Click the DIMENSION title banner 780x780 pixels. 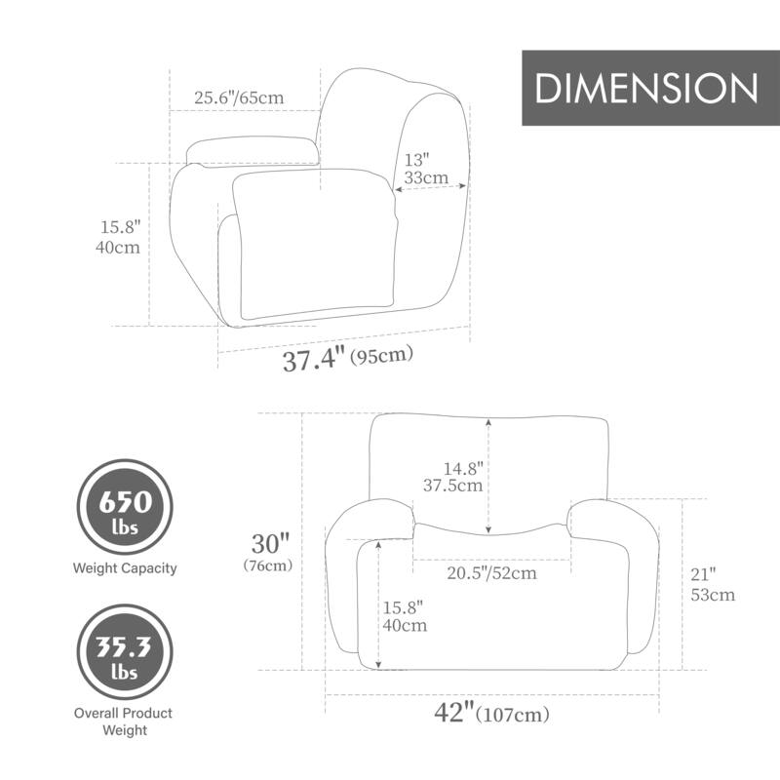tap(646, 88)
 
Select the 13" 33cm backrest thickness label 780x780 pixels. tap(426, 168)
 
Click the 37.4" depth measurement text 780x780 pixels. tap(314, 360)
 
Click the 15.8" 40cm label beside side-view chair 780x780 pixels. tap(121, 237)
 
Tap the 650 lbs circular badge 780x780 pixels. tap(125, 511)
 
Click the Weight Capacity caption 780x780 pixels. tap(125, 567)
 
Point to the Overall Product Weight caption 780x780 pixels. tap(123, 721)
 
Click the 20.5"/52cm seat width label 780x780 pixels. tap(492, 573)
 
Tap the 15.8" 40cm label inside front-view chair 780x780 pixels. tap(406, 615)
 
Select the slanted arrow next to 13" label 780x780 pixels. tap(430, 189)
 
